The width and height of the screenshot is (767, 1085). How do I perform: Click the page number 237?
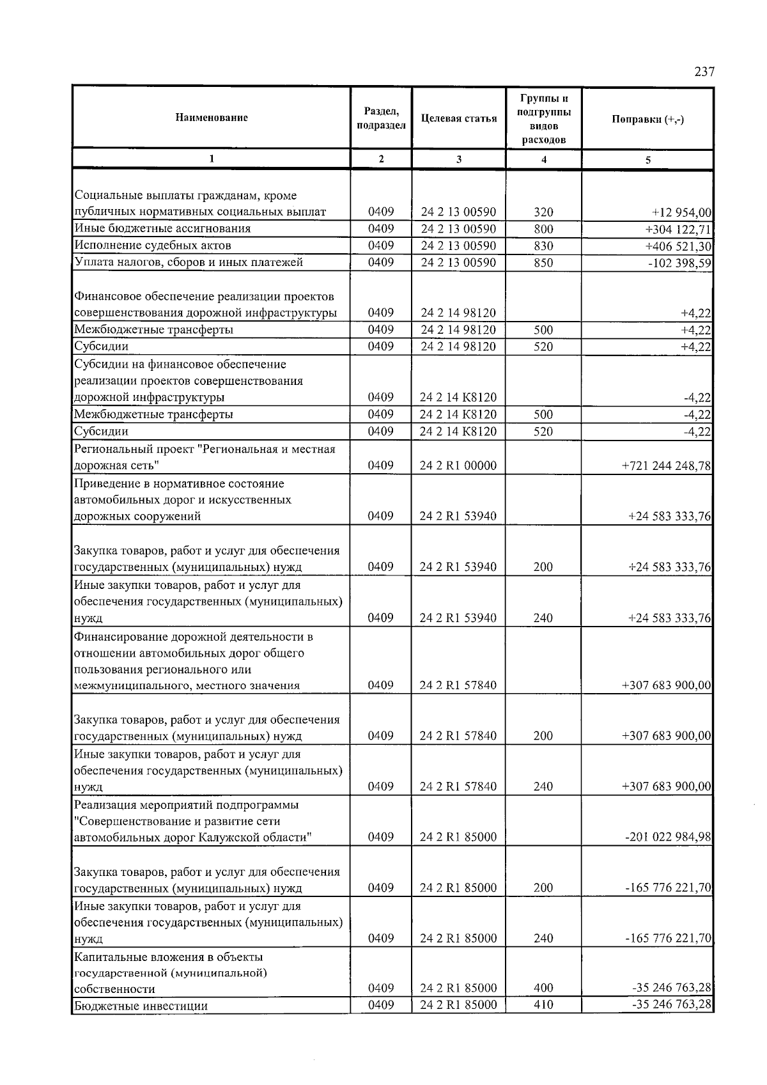click(x=704, y=72)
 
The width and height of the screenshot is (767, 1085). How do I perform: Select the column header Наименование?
click(x=212, y=118)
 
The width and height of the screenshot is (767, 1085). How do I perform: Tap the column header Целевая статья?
click(x=459, y=118)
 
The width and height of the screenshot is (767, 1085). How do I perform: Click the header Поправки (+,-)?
click(x=647, y=119)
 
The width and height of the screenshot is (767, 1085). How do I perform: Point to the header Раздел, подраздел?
click(x=381, y=118)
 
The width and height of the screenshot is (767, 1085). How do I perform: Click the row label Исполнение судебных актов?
click(x=153, y=246)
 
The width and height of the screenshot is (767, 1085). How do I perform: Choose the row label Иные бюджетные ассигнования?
click(x=162, y=229)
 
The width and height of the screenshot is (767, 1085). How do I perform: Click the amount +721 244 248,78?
click(x=666, y=466)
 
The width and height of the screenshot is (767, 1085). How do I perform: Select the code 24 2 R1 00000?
click(x=458, y=466)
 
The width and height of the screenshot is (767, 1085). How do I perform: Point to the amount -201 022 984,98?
click(x=668, y=838)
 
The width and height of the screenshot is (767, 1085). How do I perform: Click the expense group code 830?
click(x=543, y=246)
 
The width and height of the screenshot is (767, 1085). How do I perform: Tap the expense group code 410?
click(x=543, y=1005)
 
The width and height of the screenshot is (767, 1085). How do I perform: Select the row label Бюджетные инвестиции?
click(x=141, y=1006)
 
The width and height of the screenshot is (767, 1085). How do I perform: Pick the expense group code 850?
click(x=543, y=263)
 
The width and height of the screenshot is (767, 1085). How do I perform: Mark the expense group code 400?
click(x=543, y=988)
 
